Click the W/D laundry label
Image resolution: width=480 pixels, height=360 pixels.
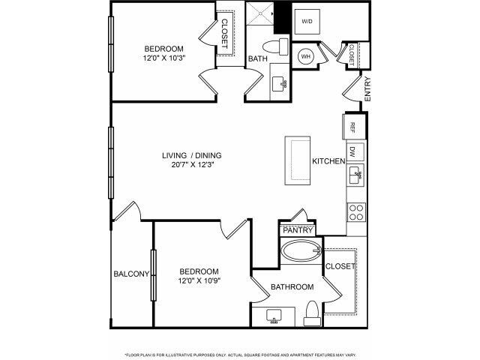pos(307,22)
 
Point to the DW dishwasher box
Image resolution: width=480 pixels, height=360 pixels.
pos(355,151)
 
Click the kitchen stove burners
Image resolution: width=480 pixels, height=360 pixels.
pos(356,210)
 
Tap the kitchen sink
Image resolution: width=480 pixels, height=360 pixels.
pos(355,177)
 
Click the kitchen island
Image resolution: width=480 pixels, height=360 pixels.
pos(297,160)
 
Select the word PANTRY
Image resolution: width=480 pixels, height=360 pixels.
pos(297,230)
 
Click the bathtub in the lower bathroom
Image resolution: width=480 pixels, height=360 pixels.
pos(298,251)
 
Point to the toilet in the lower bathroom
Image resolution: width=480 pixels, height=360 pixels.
pos(310,313)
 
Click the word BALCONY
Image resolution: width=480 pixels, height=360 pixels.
pos(131,274)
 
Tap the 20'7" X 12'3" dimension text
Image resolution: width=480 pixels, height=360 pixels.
pos(192,166)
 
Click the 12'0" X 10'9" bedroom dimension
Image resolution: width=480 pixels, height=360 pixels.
pos(199,281)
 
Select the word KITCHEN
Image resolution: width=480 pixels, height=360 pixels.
pos(328,161)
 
